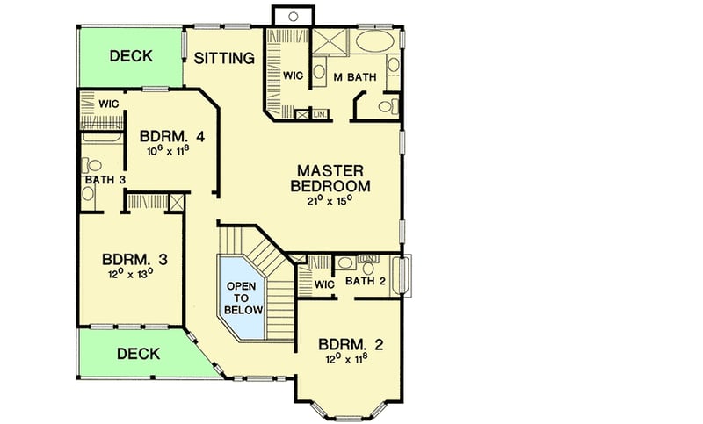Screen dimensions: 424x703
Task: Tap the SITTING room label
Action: click(224, 59)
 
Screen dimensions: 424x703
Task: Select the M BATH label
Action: click(355, 77)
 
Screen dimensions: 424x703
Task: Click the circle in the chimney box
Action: click(291, 15)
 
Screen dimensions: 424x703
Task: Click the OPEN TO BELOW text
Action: click(241, 298)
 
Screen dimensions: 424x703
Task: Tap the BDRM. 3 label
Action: click(134, 260)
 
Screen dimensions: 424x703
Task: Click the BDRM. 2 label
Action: click(351, 343)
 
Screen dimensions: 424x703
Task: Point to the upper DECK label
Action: click(131, 56)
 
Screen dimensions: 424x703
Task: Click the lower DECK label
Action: click(138, 354)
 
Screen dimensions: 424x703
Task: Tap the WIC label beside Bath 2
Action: click(324, 284)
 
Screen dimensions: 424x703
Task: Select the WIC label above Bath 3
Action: click(108, 104)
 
